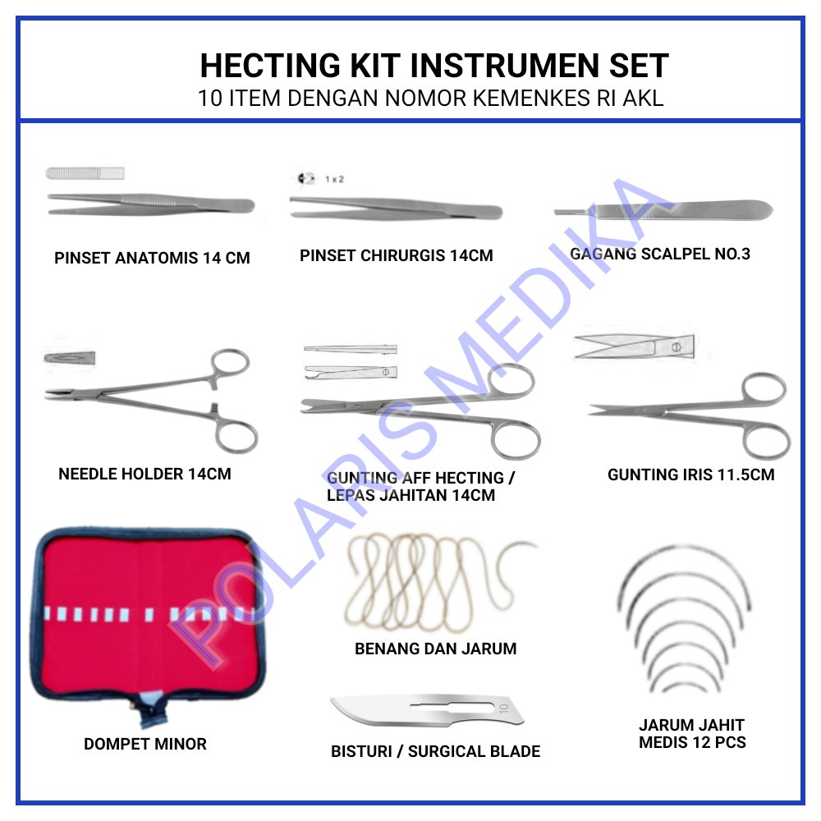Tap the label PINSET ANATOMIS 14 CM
click(152, 259)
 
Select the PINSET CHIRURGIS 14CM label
click(396, 255)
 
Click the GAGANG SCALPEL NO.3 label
click(660, 254)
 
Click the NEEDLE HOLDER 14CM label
click(144, 474)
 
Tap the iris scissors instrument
click(690, 410)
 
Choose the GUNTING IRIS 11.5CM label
click(690, 475)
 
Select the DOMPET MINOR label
click(145, 744)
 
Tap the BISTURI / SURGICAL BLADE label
click(435, 751)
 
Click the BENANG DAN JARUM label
click(435, 649)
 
